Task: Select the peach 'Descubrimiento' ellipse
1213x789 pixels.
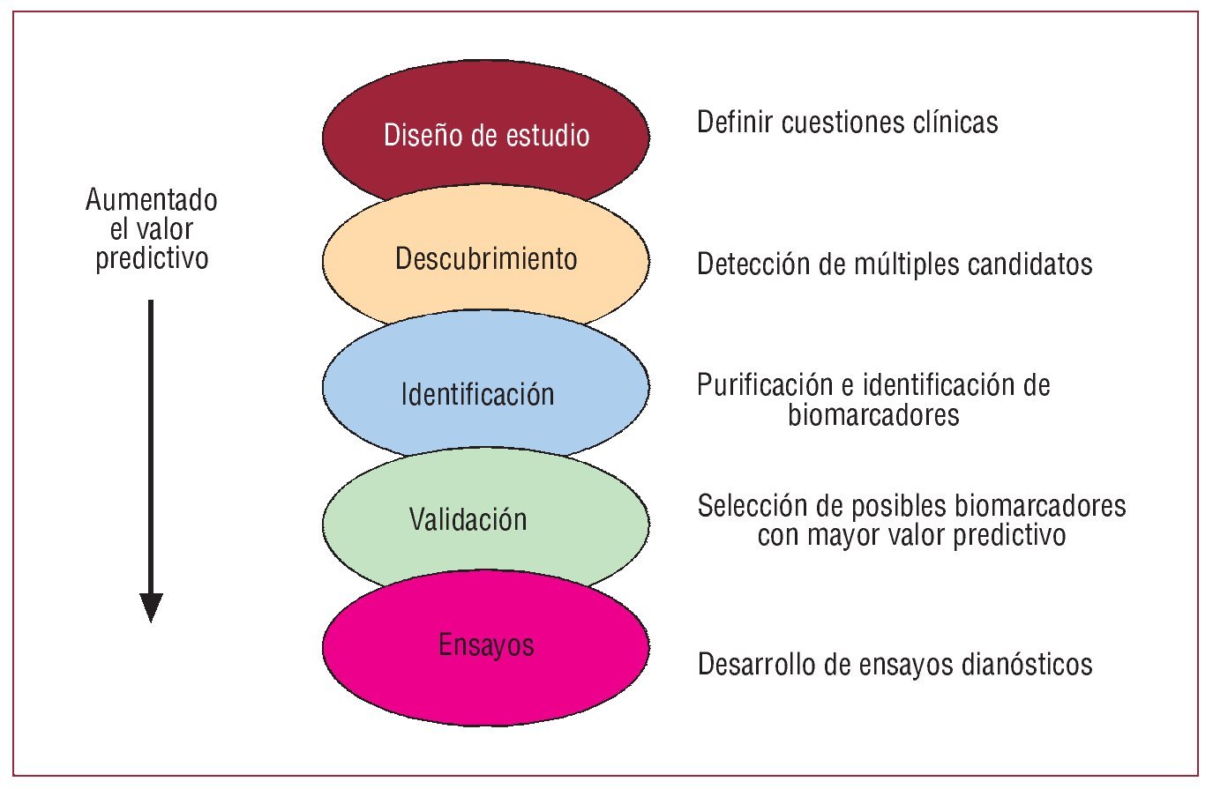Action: tap(485, 258)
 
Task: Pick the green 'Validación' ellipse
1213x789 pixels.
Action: tap(485, 520)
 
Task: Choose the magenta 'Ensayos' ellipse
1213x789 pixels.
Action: tap(485, 648)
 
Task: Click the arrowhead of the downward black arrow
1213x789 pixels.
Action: tap(152, 607)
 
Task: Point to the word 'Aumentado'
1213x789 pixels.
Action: tap(152, 200)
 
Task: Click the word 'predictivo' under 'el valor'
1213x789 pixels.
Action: tap(152, 258)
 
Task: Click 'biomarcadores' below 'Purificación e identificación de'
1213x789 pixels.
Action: tap(873, 414)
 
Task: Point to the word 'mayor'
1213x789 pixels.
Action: tap(847, 535)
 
